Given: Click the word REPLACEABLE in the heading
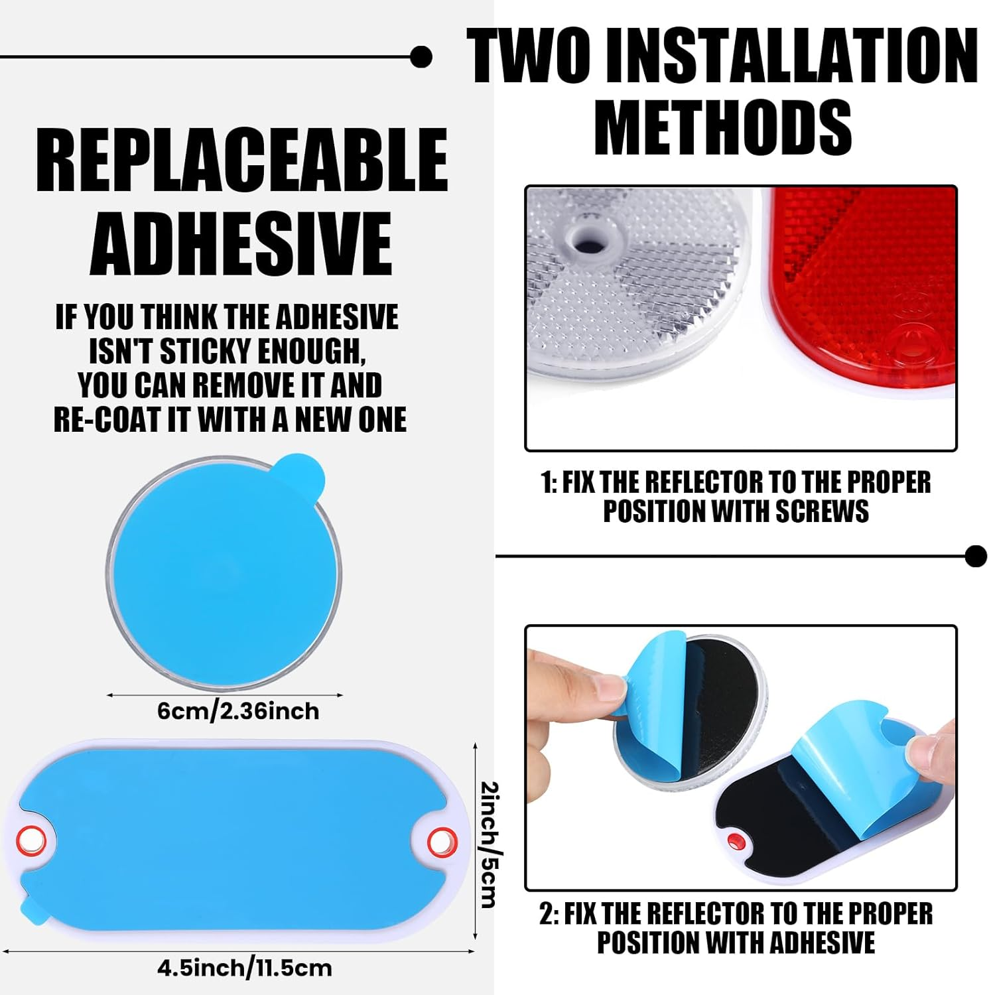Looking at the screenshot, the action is click(x=242, y=159).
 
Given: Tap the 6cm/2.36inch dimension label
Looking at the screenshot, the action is click(x=238, y=711).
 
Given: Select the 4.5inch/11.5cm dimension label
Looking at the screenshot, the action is click(x=244, y=968).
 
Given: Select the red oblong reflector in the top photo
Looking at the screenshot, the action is click(x=862, y=292).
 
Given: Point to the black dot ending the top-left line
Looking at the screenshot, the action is click(x=421, y=57).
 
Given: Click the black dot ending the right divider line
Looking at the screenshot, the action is click(x=976, y=556).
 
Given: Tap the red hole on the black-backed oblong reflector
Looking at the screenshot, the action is click(x=734, y=842).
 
